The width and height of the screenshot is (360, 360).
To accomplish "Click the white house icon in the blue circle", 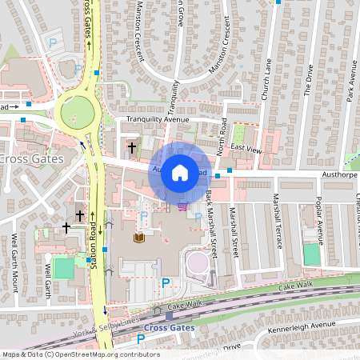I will click(180, 172).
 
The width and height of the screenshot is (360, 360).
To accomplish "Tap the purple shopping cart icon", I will click(183, 206).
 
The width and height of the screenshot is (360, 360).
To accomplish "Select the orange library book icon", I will click(140, 238).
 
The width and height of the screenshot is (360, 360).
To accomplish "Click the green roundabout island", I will click(78, 112).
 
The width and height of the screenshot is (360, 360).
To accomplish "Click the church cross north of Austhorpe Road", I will click(132, 147).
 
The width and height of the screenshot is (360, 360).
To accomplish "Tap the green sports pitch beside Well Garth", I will click(64, 268).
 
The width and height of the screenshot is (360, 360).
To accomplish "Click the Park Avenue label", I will click(350, 80).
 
